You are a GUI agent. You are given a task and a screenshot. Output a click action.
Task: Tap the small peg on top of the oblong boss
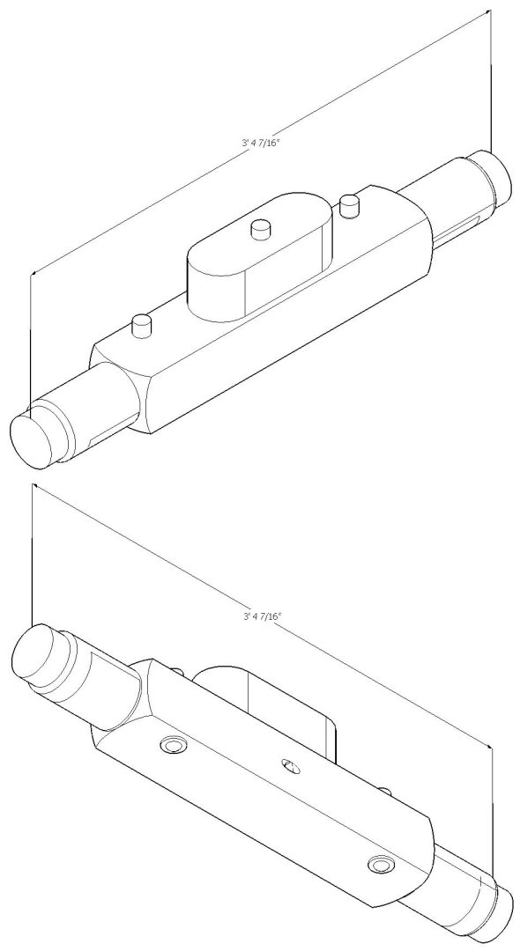(259, 229)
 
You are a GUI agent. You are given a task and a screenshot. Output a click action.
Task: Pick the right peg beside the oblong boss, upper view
(349, 206)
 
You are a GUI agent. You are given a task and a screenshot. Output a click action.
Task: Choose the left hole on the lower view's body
(172, 747)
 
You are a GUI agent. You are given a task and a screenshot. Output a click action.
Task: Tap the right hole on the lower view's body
(381, 864)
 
